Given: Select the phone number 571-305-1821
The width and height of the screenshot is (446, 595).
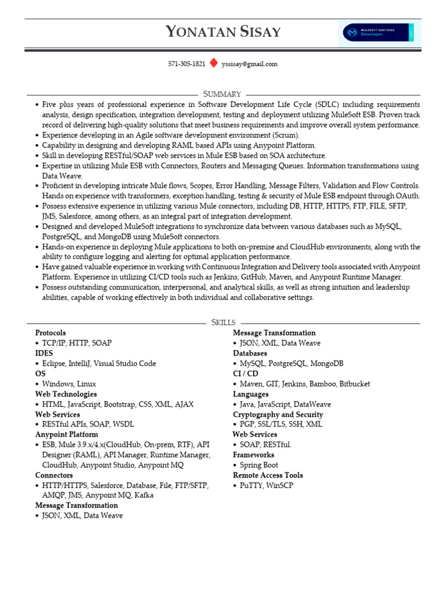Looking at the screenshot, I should coord(186,64).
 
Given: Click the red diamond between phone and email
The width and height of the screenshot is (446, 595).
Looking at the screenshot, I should coord(213,63).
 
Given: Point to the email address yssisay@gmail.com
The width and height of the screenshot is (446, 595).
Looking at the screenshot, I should coord(250,64).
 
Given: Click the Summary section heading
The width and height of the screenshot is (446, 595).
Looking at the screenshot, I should coord(222,94).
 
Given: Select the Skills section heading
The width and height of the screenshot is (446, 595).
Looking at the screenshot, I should coord(223,322).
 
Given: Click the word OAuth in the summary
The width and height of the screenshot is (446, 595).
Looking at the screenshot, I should coord(408,196).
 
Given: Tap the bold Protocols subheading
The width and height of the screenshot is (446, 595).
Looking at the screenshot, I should coord(51,333).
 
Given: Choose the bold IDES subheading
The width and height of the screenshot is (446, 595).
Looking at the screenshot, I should coord(44,353).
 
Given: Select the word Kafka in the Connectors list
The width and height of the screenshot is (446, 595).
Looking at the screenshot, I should coord(144,496).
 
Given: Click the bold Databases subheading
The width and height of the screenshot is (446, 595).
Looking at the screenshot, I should coord(250,353).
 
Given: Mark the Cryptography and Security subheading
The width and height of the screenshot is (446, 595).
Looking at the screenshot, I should coord(278,414).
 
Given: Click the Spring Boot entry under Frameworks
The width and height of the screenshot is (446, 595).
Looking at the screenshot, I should coord(259,465).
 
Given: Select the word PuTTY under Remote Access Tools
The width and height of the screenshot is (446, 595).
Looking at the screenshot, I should coord(251,485).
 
